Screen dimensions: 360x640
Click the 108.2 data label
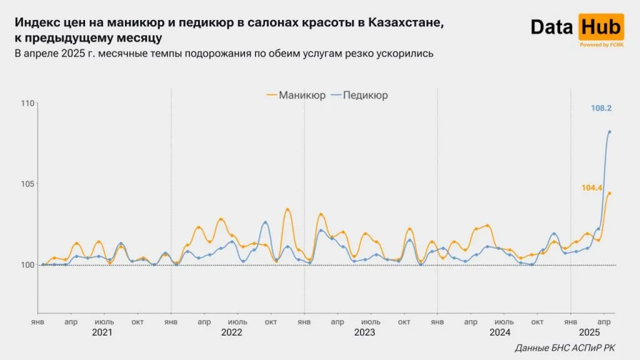(x=601, y=108)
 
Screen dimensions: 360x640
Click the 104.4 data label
(x=591, y=187)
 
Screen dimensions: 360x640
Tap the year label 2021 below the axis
(x=102, y=332)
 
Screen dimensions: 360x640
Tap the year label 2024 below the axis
(x=499, y=332)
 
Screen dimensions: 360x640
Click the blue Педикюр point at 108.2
(x=609, y=132)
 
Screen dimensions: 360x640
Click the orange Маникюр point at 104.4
(x=609, y=193)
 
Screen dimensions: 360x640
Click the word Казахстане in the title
(x=407, y=22)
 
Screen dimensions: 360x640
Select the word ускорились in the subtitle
(x=406, y=54)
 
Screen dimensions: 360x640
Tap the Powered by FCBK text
(x=601, y=45)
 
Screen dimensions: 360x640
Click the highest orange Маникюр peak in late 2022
(x=287, y=209)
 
